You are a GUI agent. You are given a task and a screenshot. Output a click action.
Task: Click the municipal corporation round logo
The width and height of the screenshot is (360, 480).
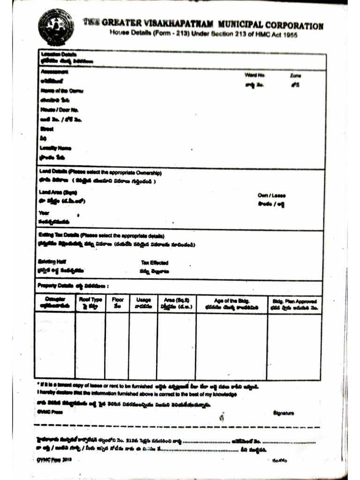(56, 26)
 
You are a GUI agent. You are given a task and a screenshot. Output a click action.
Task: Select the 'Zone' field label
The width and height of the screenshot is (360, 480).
(295, 75)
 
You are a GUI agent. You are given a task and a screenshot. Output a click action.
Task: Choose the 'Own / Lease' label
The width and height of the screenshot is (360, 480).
(271, 195)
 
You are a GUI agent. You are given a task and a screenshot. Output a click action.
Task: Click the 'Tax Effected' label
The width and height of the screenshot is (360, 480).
(154, 263)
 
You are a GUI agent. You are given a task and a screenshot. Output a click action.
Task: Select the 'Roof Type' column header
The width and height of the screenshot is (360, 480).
(90, 300)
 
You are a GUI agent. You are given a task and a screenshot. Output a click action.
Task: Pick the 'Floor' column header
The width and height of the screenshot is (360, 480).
(117, 300)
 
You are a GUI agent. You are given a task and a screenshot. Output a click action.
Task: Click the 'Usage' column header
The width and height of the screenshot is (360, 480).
(143, 300)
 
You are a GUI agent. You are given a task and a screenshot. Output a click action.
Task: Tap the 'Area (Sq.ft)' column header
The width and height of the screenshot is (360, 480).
(176, 300)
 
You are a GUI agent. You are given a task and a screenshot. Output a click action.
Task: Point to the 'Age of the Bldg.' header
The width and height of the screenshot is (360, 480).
(232, 300)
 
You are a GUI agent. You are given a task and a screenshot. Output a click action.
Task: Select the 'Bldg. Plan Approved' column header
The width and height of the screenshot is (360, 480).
(294, 301)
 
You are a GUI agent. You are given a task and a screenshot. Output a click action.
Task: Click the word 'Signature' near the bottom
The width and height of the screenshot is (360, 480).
(283, 413)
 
